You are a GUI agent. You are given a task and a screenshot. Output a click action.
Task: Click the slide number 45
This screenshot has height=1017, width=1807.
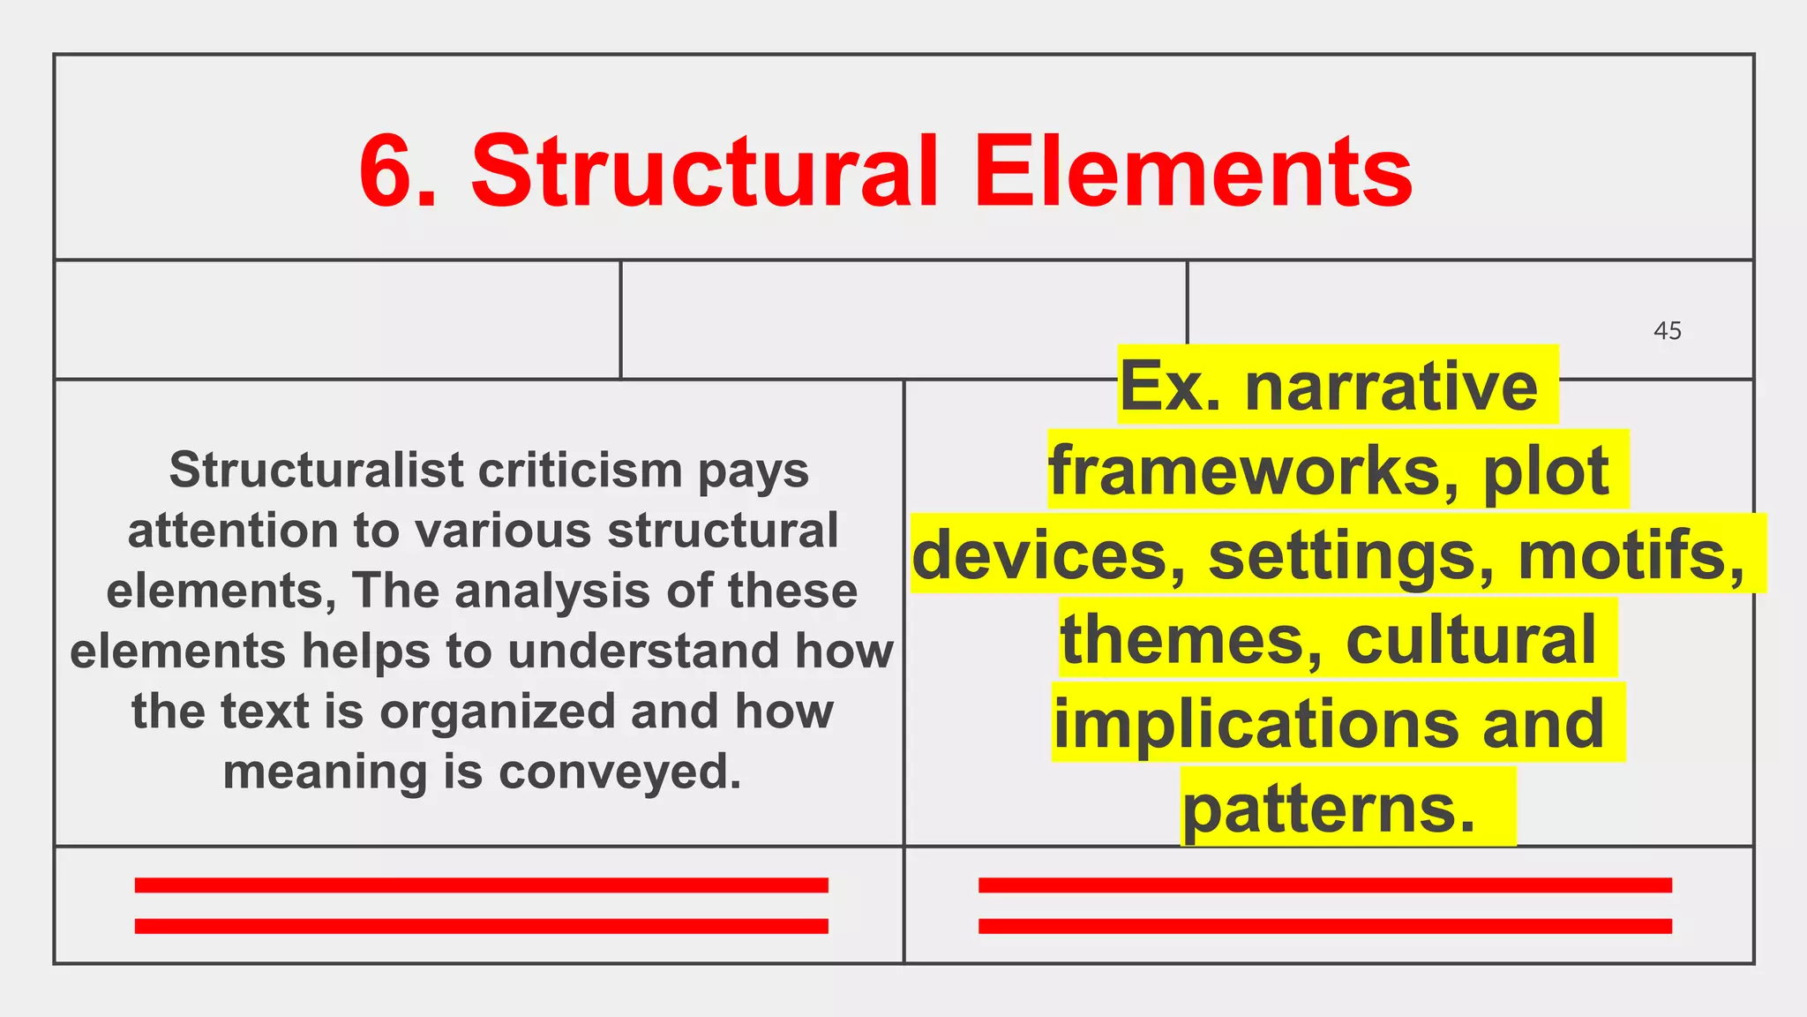click(x=1667, y=331)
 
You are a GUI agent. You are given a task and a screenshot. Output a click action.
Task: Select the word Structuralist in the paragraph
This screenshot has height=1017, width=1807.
click(x=316, y=470)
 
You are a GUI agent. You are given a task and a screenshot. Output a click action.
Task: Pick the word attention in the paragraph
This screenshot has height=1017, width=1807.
click(x=232, y=531)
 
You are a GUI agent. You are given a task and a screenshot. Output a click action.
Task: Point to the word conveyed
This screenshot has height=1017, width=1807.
click(x=619, y=772)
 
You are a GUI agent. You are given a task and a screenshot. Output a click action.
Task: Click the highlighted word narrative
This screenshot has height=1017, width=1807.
click(x=1391, y=387)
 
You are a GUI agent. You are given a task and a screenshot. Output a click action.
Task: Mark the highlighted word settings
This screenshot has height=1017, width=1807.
click(x=1350, y=555)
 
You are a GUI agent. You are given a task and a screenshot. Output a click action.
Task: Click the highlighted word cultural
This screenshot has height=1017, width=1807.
click(x=1471, y=639)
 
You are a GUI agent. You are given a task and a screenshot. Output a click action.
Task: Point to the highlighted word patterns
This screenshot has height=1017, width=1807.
click(x=1329, y=808)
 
